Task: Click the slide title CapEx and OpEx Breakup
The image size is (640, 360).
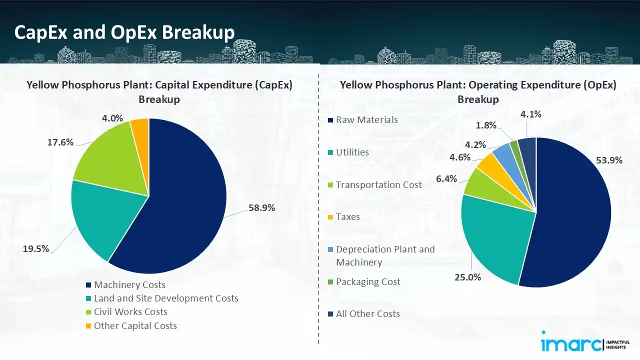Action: [124, 32]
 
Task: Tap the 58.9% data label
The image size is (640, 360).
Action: [261, 208]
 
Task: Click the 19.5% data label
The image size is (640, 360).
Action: [36, 248]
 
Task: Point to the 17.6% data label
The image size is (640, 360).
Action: [60, 142]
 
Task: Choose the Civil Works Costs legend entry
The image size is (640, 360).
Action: [130, 312]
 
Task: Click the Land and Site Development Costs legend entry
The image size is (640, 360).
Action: [166, 298]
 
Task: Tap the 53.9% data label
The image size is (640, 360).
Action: [609, 160]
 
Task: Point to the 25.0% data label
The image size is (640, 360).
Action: [467, 277]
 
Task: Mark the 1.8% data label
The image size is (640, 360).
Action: [486, 125]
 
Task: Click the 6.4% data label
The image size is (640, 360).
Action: [446, 178]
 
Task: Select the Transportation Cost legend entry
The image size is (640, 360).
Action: [378, 184]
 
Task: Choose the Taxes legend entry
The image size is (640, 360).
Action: [347, 217]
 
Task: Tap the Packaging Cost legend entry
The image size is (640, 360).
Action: [368, 282]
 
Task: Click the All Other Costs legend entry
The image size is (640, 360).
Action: [367, 314]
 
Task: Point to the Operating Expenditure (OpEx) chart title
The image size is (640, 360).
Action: [478, 92]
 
